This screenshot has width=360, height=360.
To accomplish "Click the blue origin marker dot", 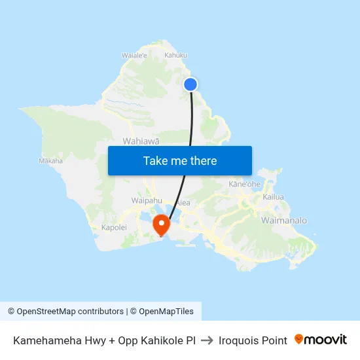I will click(x=190, y=84).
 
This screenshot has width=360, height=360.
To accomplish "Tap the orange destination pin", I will click(x=161, y=225).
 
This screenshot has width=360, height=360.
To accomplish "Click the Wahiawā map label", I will click(x=140, y=141).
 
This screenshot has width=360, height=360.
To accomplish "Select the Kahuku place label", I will click(x=175, y=56).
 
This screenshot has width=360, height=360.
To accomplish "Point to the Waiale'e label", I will click(x=134, y=56).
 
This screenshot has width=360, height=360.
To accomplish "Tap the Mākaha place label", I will click(x=50, y=160).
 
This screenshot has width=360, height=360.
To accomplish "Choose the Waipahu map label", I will click(x=147, y=200).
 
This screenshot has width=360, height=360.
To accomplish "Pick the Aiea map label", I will click(x=183, y=203).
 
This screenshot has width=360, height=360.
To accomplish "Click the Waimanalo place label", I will click(x=283, y=221).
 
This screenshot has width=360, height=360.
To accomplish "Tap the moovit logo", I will click(x=321, y=340).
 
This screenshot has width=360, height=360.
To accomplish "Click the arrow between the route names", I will click(x=207, y=340).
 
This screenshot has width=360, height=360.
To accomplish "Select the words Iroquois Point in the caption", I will click(x=253, y=340).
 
